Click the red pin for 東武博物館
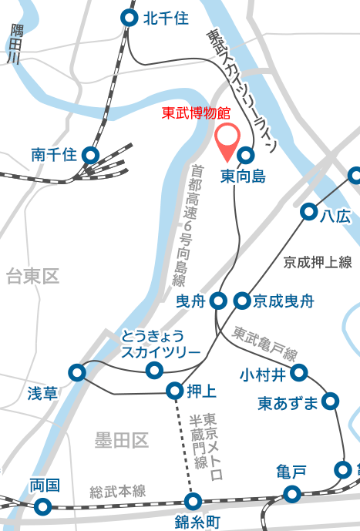point(226,139)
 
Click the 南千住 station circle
point(90,155)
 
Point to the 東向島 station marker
point(246,154)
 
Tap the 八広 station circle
point(309,211)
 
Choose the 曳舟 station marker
point(219,301)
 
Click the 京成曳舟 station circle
point(243,301)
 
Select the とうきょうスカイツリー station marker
point(154,371)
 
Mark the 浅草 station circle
point(77,373)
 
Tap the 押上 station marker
point(175,392)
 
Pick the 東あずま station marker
point(331,402)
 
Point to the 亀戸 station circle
point(291,493)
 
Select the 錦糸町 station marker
point(193,502)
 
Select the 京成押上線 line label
point(318,263)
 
